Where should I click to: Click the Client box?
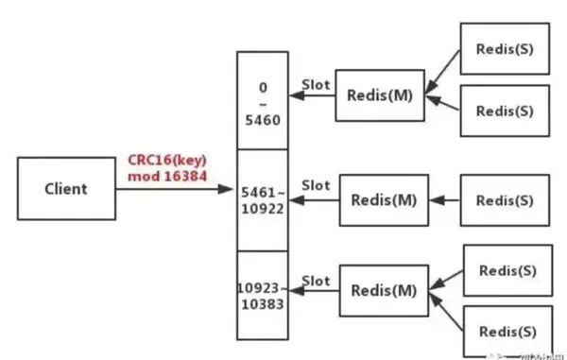[65, 188]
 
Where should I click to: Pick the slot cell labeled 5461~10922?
[263, 200]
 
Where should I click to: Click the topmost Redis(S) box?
[505, 48]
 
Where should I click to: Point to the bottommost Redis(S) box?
[507, 332]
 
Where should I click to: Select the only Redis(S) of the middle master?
[505, 200]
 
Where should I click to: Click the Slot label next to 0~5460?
[316, 84]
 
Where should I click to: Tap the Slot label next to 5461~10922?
[316, 186]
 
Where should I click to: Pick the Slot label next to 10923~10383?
[316, 281]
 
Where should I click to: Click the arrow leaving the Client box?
[175, 189]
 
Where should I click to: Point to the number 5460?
[263, 120]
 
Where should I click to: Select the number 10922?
[263, 209]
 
